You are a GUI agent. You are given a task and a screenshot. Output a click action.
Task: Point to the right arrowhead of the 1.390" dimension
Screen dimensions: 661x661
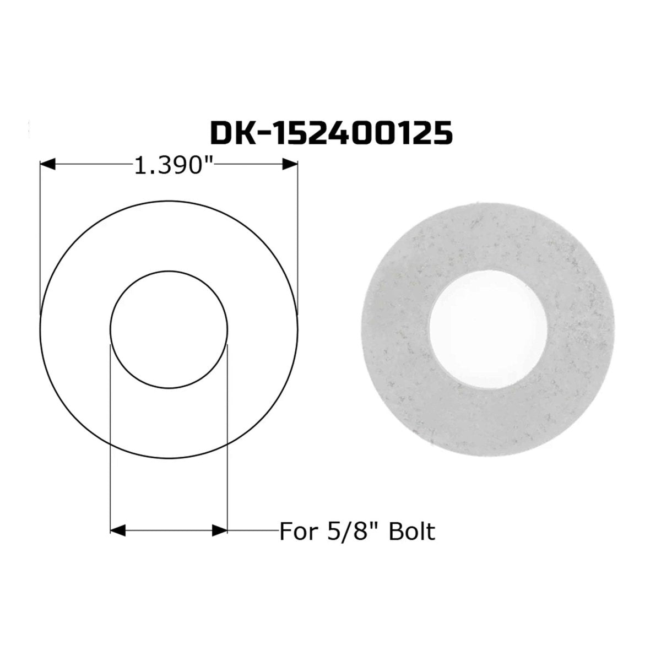(290, 164)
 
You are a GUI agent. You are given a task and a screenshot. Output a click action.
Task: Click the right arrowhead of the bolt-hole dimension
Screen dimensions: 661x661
(220, 530)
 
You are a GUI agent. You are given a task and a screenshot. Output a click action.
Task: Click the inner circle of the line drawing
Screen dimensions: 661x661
(169, 271)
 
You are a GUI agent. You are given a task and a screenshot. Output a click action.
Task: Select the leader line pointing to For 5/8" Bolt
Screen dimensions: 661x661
(253, 530)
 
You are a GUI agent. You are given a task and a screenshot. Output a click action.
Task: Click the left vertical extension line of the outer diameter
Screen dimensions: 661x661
(41, 237)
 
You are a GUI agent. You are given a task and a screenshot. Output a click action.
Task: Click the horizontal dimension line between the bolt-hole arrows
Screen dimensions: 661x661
(169, 530)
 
